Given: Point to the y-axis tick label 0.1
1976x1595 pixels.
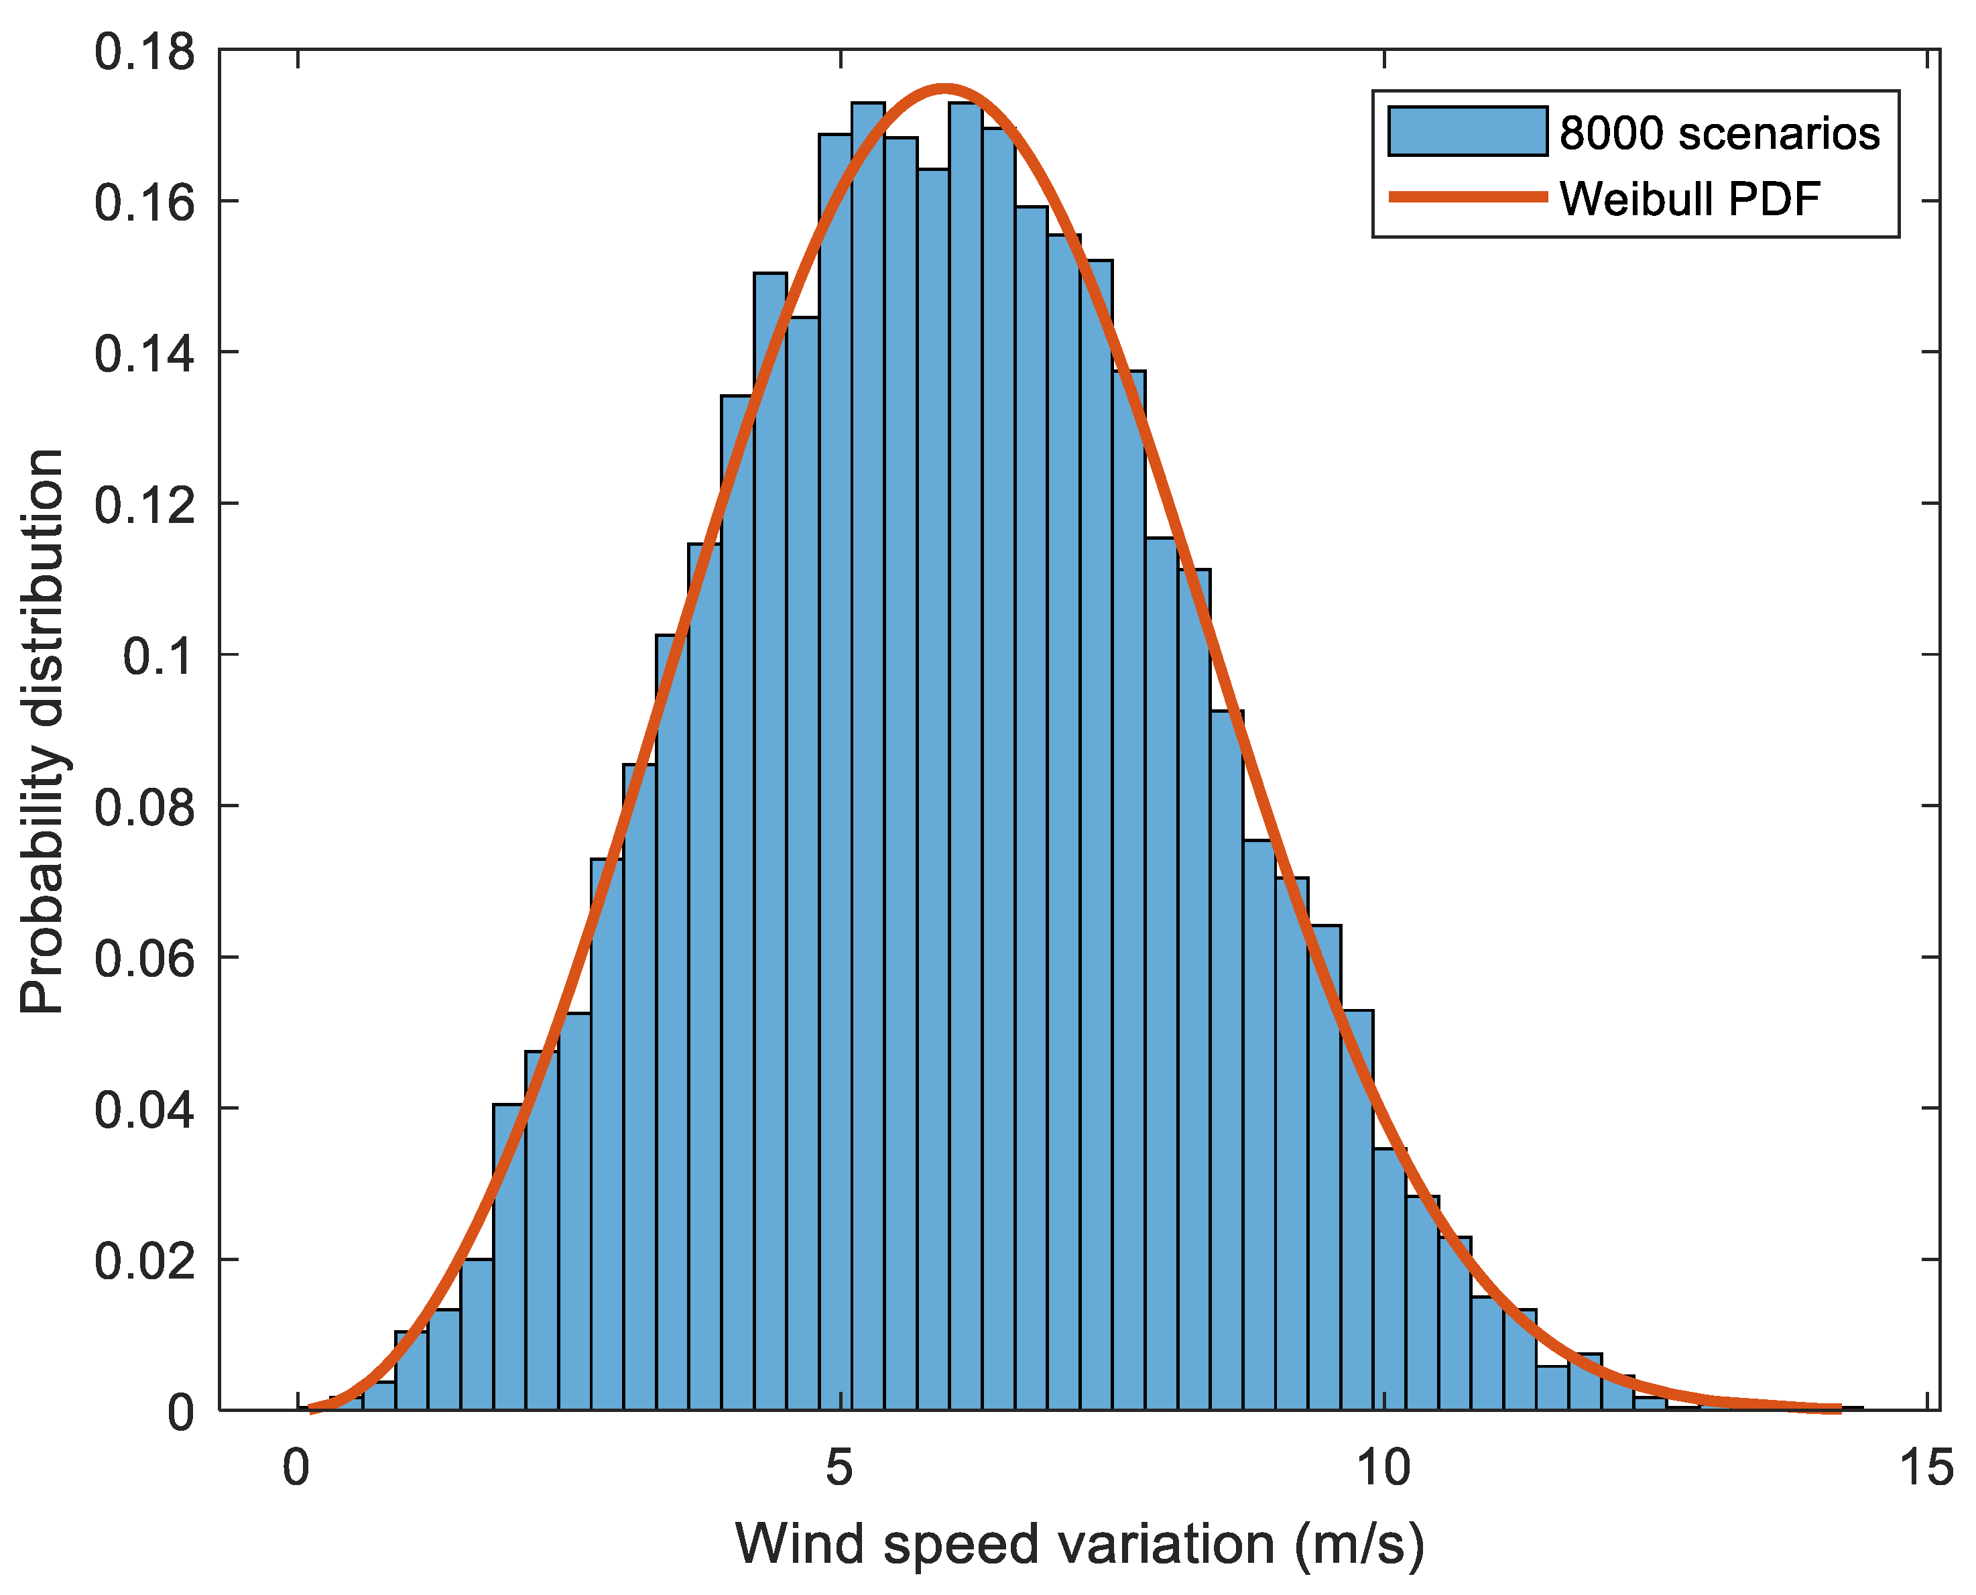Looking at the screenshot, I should [x=158, y=657].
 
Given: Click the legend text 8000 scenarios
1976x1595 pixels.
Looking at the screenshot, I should [x=1719, y=133].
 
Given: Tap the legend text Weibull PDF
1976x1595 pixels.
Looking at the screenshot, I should [x=1689, y=198].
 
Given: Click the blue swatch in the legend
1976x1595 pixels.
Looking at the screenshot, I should [x=1467, y=131].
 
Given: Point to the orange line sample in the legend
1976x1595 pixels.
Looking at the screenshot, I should [x=1467, y=196].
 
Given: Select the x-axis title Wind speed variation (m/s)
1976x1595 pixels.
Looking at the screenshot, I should [x=1079, y=1543].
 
